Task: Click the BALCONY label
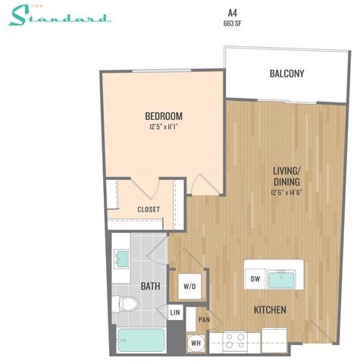(286, 74)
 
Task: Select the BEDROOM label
(164, 116)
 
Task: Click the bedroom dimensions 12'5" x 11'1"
(164, 127)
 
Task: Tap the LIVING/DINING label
(287, 176)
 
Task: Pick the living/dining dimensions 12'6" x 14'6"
(287, 193)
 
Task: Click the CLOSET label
(148, 209)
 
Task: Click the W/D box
(189, 287)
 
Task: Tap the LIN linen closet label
(175, 312)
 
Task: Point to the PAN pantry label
(204, 320)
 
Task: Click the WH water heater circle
(196, 343)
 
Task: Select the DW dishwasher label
(255, 279)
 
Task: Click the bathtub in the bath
(142, 340)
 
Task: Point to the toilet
(126, 305)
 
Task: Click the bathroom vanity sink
(122, 259)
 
